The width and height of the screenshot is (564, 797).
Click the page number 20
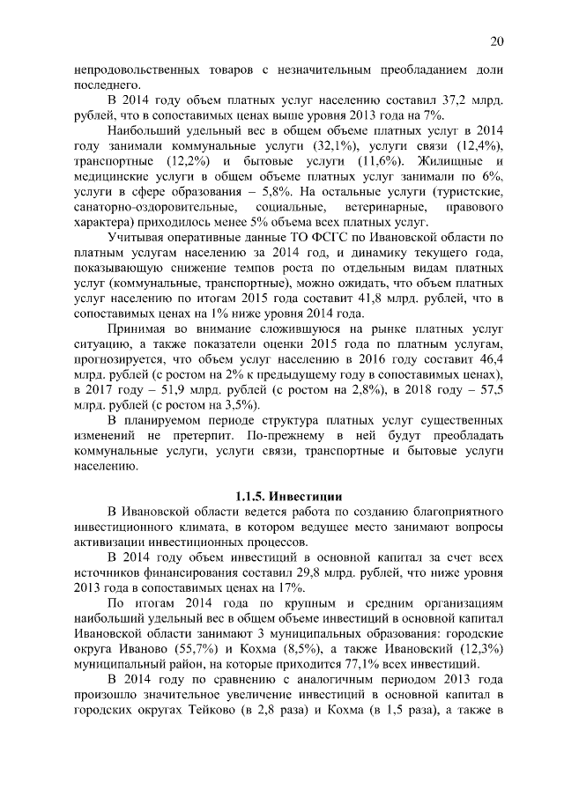click(496, 42)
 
